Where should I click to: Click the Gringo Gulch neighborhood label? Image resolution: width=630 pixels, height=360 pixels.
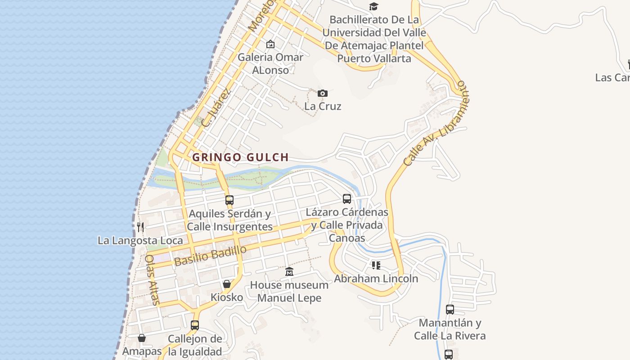pyautogui.click(x=240, y=157)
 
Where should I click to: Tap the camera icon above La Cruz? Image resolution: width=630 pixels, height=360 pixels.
pyautogui.click(x=322, y=93)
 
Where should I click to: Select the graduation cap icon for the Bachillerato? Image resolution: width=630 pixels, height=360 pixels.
pyautogui.click(x=373, y=6)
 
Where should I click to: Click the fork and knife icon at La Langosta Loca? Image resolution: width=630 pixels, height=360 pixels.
pyautogui.click(x=140, y=227)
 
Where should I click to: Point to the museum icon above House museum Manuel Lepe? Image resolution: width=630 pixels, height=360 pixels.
pyautogui.click(x=289, y=271)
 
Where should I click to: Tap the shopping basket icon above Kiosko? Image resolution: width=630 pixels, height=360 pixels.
pyautogui.click(x=227, y=283)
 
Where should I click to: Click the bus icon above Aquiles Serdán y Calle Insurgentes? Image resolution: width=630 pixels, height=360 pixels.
pyautogui.click(x=229, y=200)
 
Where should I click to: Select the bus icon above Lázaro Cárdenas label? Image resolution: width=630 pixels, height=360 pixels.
pyautogui.click(x=346, y=198)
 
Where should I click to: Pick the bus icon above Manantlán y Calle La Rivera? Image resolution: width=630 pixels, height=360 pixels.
pyautogui.click(x=450, y=309)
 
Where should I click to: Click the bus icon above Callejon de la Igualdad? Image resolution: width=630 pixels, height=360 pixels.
pyautogui.click(x=195, y=324)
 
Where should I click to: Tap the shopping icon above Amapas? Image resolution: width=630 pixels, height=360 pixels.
pyautogui.click(x=142, y=337)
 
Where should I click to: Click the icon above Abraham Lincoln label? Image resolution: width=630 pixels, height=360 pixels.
pyautogui.click(x=376, y=265)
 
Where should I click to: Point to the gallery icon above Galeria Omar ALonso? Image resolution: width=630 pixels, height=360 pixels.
pyautogui.click(x=270, y=44)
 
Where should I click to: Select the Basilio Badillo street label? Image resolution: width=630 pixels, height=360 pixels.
pyautogui.click(x=211, y=255)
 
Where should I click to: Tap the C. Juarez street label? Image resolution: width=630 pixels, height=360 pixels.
pyautogui.click(x=216, y=108)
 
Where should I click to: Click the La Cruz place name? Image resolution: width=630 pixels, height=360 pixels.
pyautogui.click(x=323, y=106)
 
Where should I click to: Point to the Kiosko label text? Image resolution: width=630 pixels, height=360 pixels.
pyautogui.click(x=227, y=297)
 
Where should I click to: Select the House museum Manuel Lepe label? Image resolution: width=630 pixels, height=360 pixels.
pyautogui.click(x=289, y=291)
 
